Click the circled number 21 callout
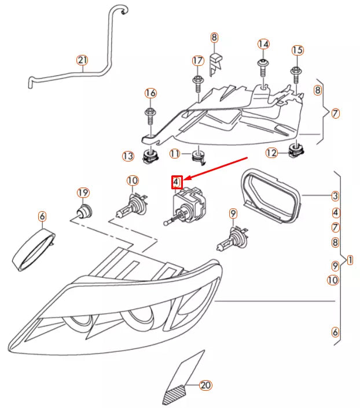(82, 60)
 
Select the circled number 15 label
(297, 50)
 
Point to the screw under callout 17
(197, 83)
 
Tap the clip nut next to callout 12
(295, 152)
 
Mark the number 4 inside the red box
(177, 183)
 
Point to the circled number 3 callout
(335, 196)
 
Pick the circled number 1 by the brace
(349, 260)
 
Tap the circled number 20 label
(204, 384)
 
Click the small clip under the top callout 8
(215, 63)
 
